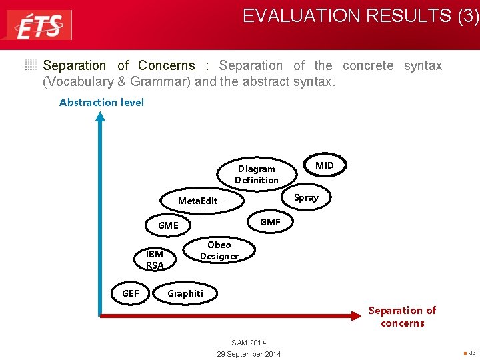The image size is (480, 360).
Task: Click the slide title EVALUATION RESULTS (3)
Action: click(x=360, y=16)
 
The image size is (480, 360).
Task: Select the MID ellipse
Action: click(x=325, y=165)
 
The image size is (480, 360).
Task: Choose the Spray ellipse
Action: click(x=306, y=197)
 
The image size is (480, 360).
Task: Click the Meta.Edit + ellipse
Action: click(x=202, y=201)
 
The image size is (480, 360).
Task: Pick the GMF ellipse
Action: click(x=270, y=222)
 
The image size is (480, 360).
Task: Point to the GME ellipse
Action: click(x=168, y=225)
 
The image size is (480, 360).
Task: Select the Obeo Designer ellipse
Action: click(x=219, y=251)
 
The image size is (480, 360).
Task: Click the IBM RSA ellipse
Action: click(x=155, y=259)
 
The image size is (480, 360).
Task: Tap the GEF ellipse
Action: click(x=131, y=293)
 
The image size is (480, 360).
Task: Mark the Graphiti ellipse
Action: click(x=185, y=293)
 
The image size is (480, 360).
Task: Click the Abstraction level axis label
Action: click(x=101, y=102)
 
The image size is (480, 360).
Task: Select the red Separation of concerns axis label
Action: click(x=402, y=317)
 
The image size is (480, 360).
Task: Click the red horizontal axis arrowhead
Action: click(x=363, y=314)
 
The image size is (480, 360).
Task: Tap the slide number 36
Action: click(x=471, y=353)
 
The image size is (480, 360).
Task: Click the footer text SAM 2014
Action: click(x=249, y=342)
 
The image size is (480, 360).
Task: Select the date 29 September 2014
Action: click(x=249, y=353)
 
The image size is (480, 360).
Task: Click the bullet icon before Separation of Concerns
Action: click(x=31, y=65)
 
